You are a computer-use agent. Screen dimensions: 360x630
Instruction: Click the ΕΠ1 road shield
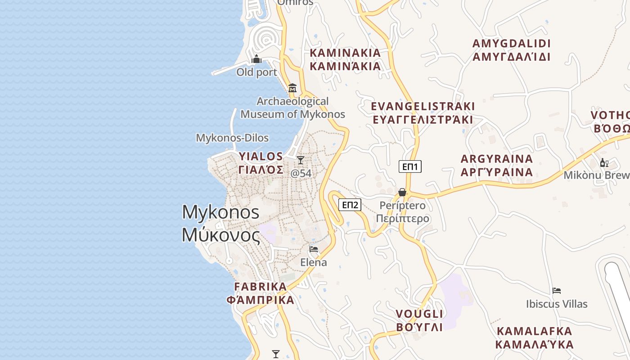(410, 167)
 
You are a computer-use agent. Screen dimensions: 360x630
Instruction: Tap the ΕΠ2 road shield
(350, 205)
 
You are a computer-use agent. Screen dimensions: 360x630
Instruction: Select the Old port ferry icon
(256, 59)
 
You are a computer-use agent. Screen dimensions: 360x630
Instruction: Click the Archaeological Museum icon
(292, 87)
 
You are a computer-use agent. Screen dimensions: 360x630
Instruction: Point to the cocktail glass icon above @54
(301, 160)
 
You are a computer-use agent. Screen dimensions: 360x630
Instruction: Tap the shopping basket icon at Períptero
(402, 192)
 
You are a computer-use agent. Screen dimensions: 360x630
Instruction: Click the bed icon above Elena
(314, 249)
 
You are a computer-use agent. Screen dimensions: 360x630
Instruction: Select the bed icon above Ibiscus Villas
(557, 291)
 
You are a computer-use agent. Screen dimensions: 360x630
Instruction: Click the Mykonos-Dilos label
(232, 138)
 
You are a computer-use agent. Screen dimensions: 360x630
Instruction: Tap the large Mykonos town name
(221, 223)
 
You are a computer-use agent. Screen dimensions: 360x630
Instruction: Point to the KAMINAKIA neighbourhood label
(345, 59)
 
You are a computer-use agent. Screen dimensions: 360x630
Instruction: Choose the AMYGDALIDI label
(511, 50)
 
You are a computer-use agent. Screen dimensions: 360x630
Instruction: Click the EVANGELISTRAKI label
(423, 113)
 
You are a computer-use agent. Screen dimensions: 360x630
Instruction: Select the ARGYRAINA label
(497, 165)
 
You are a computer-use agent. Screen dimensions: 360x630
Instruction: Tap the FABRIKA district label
(261, 293)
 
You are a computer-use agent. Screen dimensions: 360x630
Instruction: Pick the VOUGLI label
(419, 320)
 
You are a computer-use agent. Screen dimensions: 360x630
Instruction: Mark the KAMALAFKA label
(534, 337)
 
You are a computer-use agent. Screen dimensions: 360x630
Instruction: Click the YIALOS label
(261, 163)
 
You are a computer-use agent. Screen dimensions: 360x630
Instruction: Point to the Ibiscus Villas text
(557, 304)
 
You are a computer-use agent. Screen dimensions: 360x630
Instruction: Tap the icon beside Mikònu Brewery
(604, 162)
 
